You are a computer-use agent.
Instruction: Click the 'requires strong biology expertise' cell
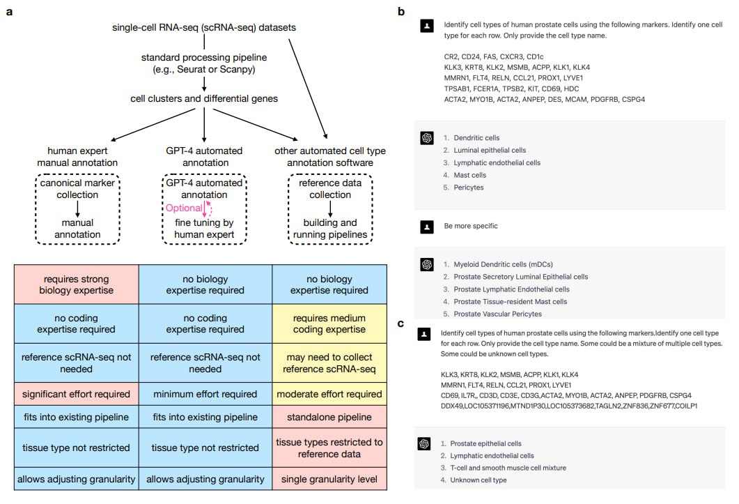77,284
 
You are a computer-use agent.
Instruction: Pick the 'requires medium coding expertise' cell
329,324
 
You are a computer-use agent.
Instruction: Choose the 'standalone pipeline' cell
329,417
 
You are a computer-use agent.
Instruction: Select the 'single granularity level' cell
329,479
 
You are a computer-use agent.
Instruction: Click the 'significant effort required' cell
77,394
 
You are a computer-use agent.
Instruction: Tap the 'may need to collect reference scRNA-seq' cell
329,363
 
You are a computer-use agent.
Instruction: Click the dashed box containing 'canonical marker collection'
77,208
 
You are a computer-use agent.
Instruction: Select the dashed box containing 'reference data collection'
329,208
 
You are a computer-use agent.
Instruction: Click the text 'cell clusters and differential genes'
204,99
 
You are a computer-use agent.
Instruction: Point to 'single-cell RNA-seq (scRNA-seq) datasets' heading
204,28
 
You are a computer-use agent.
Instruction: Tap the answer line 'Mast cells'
470,175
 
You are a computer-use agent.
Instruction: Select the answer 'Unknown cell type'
479,480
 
